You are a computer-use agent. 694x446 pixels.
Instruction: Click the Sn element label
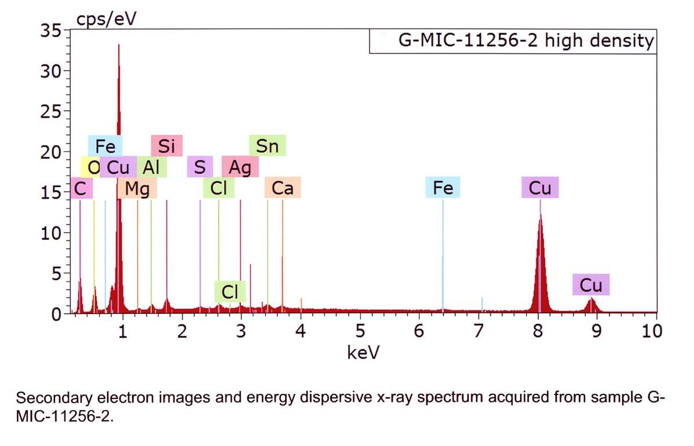point(267,146)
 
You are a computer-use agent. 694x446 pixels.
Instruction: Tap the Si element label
point(166,146)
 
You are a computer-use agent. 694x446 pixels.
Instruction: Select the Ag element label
point(240,167)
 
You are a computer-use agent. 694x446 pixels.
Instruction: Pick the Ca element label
point(282,188)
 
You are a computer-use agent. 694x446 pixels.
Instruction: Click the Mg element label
point(137,188)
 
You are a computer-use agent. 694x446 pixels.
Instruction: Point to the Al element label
point(151,167)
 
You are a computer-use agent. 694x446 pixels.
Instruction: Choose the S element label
point(200,167)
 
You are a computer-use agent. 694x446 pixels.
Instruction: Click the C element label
point(81,188)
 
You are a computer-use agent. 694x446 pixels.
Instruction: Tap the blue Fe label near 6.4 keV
point(443,188)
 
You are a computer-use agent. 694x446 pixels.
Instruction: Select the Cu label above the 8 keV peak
point(540,188)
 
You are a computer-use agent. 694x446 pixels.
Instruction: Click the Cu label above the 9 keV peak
point(591,285)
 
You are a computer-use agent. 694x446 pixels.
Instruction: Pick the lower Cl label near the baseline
point(230,293)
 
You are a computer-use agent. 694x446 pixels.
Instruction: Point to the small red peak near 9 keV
point(591,304)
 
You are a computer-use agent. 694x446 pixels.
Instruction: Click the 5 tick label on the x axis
point(360,331)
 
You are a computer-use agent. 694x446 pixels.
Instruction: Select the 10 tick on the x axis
point(652,331)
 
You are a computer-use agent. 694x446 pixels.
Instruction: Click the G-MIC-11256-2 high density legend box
point(513,41)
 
